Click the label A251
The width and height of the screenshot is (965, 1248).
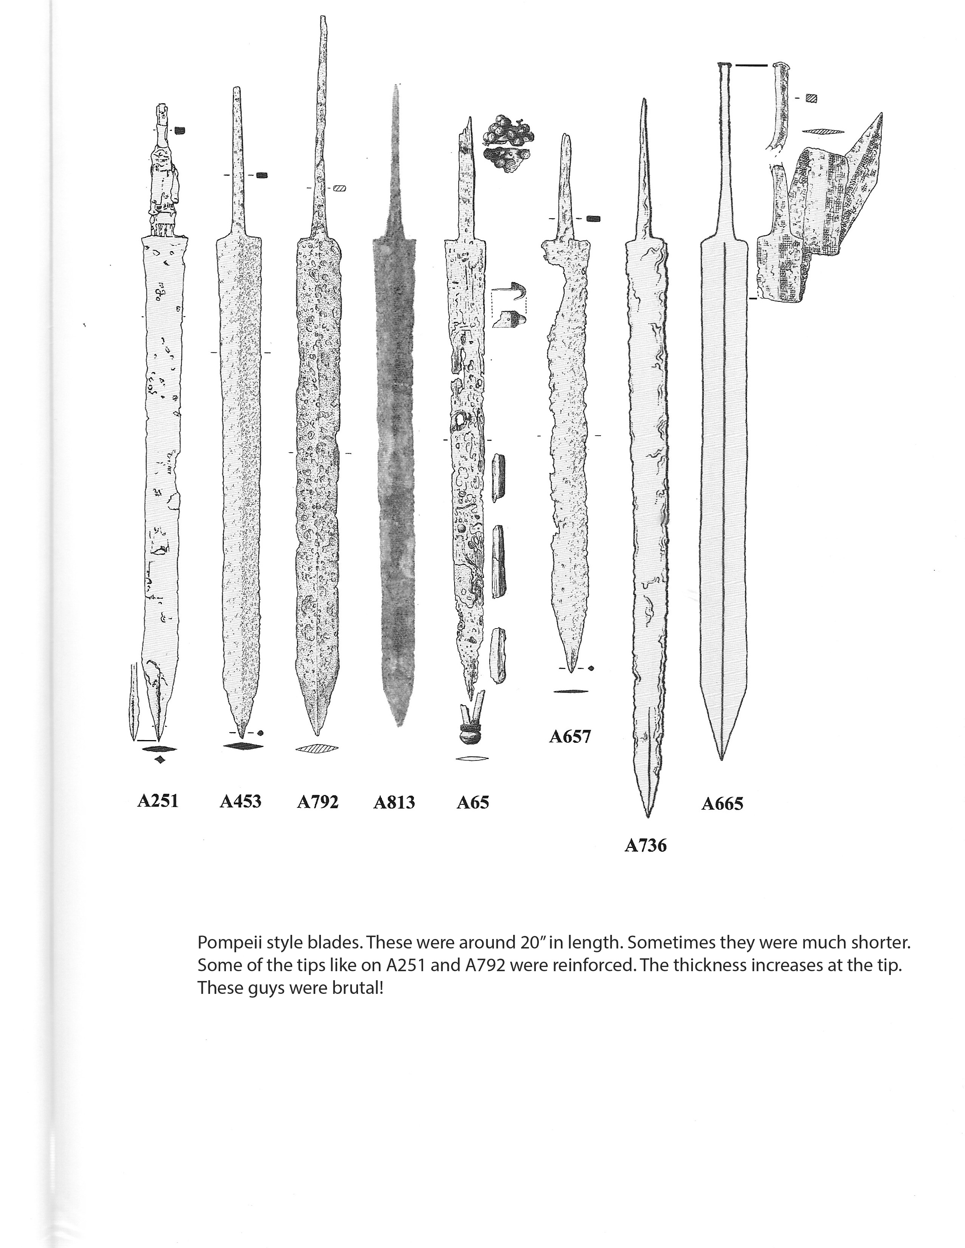pyautogui.click(x=158, y=801)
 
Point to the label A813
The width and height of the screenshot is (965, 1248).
pyautogui.click(x=394, y=802)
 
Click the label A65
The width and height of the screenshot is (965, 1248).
pyautogui.click(x=472, y=802)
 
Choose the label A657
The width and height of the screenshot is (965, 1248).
pyautogui.click(x=570, y=737)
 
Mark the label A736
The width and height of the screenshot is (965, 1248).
pyautogui.click(x=646, y=845)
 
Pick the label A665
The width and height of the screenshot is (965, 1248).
pyautogui.click(x=722, y=804)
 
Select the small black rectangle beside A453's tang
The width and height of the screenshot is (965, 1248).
pyautogui.click(x=262, y=175)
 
